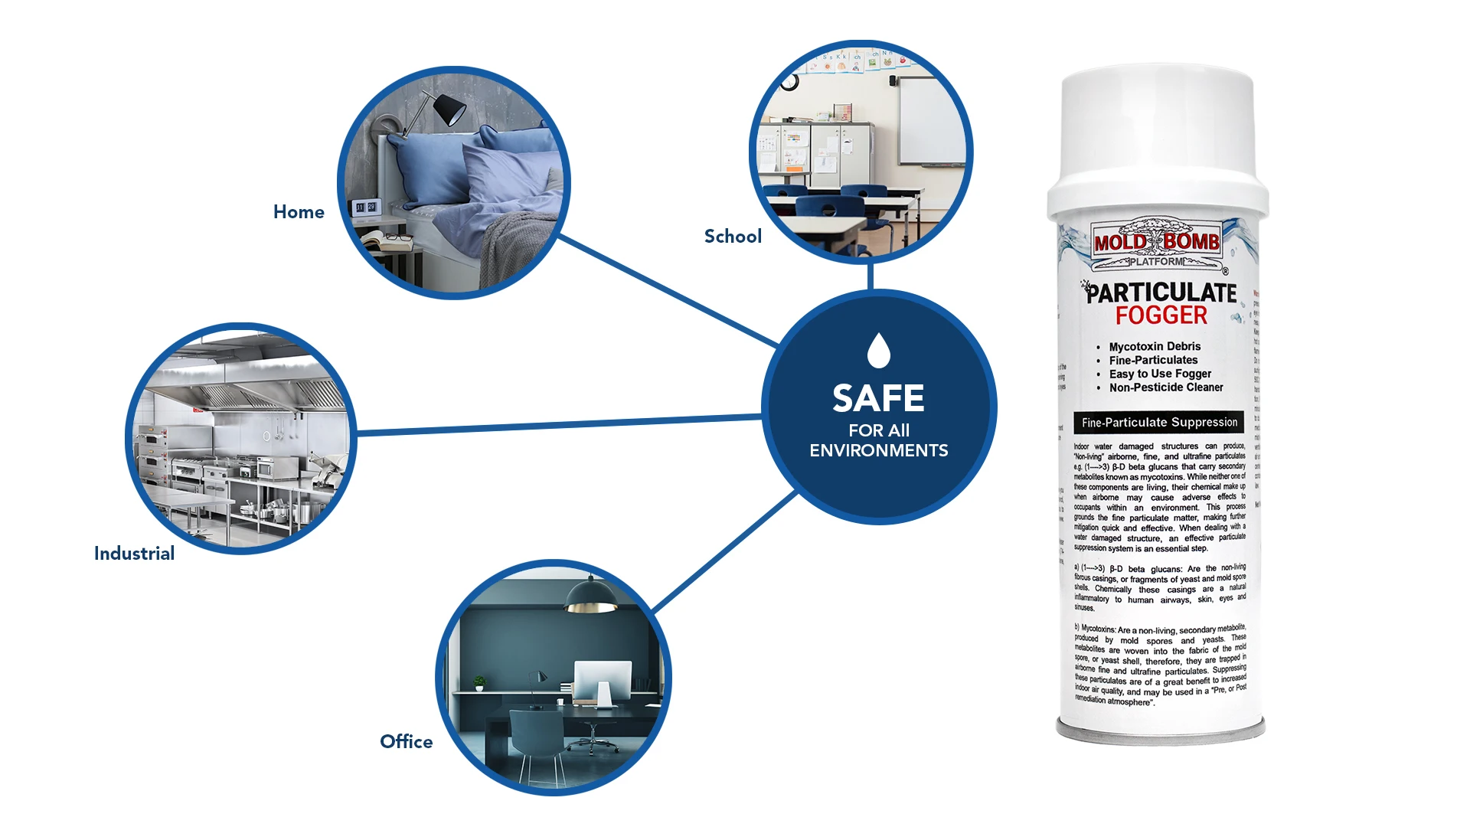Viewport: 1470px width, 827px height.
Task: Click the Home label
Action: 299,212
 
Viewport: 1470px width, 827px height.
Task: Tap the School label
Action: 733,237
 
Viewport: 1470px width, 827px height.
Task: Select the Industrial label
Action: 134,554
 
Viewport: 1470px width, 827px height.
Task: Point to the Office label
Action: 406,742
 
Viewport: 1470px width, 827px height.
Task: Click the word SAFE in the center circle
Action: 878,398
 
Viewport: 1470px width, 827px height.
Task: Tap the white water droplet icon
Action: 878,350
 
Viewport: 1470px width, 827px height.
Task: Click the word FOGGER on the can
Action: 1161,315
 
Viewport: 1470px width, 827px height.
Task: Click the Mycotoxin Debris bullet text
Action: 1155,347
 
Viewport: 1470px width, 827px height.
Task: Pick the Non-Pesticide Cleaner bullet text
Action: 1165,387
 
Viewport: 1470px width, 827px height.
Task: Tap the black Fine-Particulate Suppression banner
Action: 1158,423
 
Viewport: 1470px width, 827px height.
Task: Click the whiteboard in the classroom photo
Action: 931,123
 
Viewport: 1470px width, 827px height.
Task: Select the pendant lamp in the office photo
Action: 591,596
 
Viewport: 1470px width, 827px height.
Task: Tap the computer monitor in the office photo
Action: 603,678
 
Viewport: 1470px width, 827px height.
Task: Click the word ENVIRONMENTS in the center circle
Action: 878,450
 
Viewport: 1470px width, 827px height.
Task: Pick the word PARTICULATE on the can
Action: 1161,293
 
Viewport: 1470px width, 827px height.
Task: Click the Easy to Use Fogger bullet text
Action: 1160,374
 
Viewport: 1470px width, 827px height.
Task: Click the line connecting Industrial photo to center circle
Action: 559,425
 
